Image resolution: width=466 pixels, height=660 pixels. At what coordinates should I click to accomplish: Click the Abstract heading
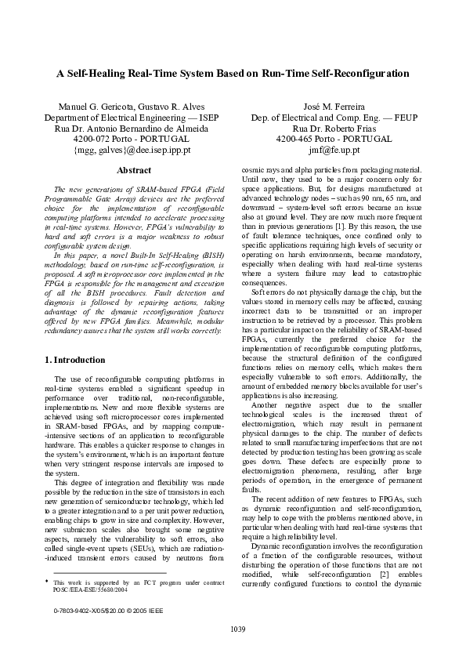[133, 170]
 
